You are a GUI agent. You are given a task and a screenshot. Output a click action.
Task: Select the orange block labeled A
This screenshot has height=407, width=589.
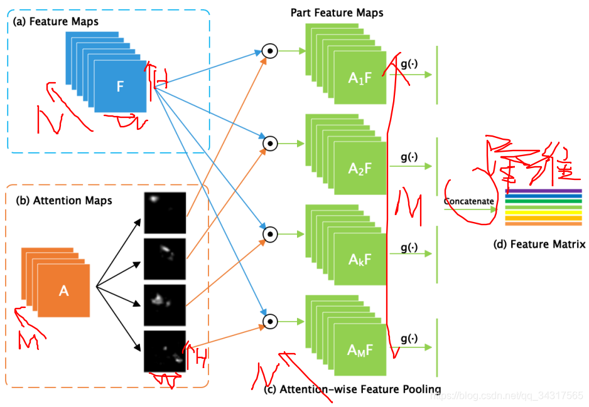pos(63,290)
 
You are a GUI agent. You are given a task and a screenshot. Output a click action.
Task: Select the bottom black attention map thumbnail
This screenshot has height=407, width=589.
pos(165,351)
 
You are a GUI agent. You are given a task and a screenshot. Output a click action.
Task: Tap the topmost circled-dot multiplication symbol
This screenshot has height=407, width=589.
pos(269,52)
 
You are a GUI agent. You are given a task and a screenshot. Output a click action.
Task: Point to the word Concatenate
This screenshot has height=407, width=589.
pos(468,201)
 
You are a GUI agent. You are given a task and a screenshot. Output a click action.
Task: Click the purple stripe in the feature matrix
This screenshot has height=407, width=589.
pos(543,191)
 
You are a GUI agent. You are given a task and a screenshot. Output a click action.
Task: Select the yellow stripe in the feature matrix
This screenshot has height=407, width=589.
pos(543,213)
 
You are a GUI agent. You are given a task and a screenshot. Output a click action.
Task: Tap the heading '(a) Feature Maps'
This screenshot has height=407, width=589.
pos(56,22)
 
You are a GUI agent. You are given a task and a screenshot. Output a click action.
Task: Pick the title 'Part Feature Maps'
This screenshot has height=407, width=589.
pos(337,13)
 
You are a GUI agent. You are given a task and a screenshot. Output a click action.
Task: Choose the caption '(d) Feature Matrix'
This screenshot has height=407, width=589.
pos(539,245)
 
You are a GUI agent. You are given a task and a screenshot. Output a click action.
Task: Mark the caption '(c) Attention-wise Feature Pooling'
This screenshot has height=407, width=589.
pos(352,389)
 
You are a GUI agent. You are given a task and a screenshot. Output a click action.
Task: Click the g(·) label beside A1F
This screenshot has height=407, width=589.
pos(409,63)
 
